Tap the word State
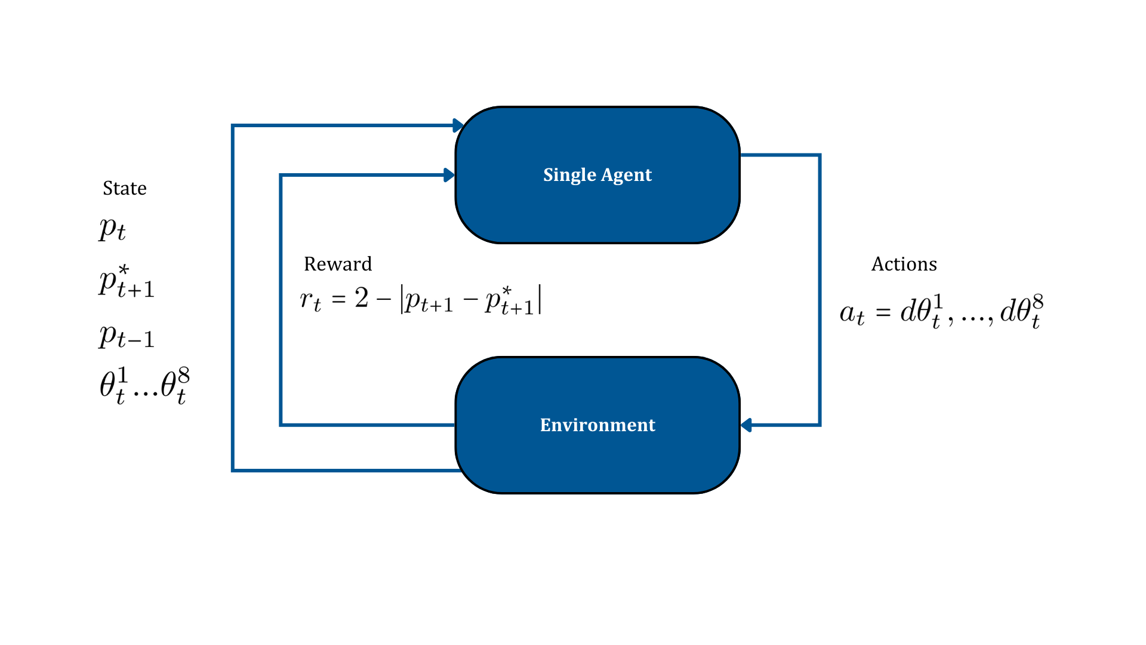pos(124,188)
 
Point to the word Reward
pos(337,264)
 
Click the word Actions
pos(904,264)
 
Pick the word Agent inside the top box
pos(626,175)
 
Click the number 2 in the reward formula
pos(361,297)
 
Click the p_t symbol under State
pos(112,229)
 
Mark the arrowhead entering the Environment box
pos(746,425)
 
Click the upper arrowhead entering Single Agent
pos(458,125)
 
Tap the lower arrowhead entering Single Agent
pos(449,175)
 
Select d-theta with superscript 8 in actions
pos(1021,312)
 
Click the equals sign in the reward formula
pos(338,299)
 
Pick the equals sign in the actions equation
pos(883,313)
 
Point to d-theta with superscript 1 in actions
pos(922,312)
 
